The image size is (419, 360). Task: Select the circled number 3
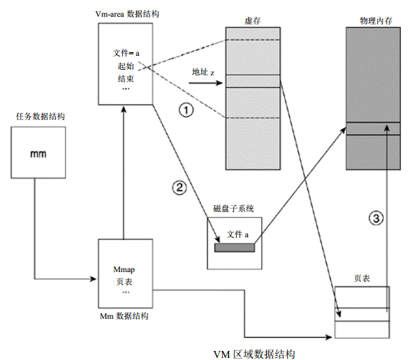pyautogui.click(x=376, y=218)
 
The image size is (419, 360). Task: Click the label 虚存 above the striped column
pyautogui.click(x=252, y=21)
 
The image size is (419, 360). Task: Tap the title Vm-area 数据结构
pyautogui.click(x=126, y=13)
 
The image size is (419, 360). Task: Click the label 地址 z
pyautogui.click(x=203, y=72)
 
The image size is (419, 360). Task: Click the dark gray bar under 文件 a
pyautogui.click(x=234, y=246)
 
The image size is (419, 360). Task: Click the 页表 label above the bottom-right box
pyautogui.click(x=362, y=278)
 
